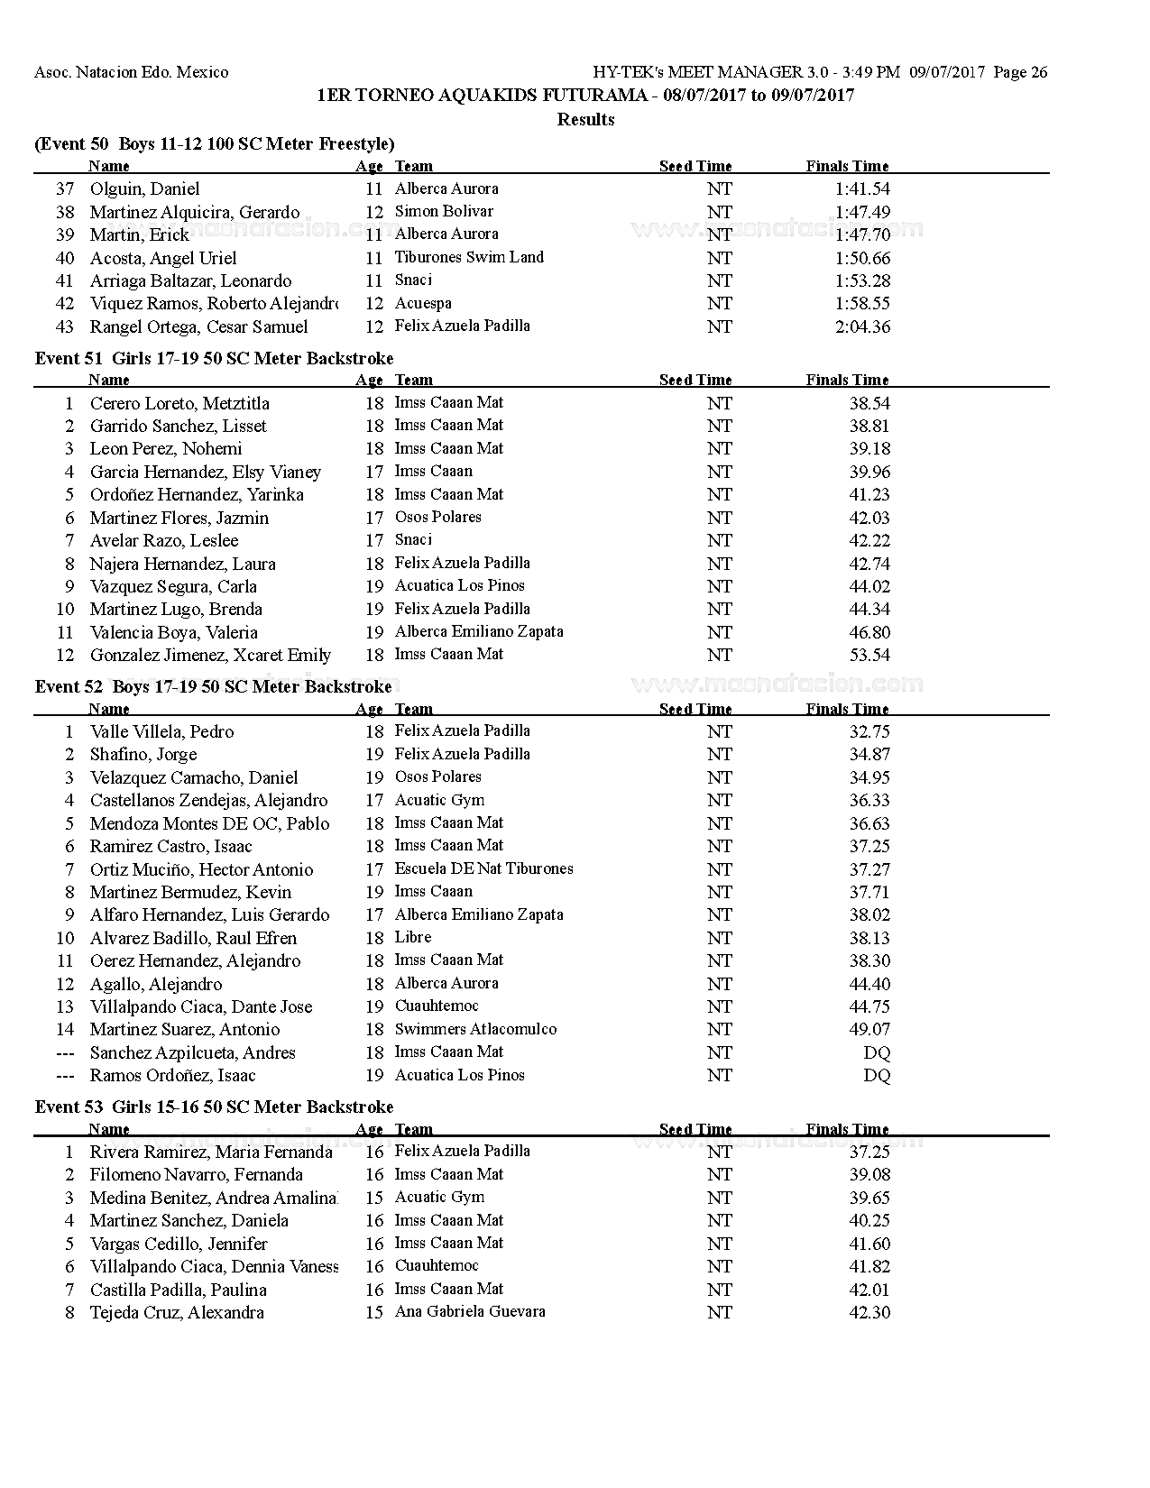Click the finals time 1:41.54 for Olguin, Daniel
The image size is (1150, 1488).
tap(861, 189)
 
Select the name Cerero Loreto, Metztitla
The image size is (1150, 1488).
tap(179, 403)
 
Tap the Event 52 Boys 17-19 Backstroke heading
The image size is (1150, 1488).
tap(214, 687)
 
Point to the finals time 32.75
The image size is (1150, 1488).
tap(869, 732)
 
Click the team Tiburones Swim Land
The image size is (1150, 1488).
tap(469, 258)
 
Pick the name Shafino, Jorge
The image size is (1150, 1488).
tap(143, 755)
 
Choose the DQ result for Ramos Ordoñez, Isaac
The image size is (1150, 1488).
tap(876, 1076)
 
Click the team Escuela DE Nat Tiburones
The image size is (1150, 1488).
tap(483, 869)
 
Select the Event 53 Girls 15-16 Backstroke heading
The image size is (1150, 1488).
tap(215, 1107)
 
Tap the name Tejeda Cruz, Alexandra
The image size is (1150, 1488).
tap(177, 1313)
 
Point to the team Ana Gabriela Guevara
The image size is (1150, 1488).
tap(470, 1312)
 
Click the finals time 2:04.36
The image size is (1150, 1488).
tap(861, 327)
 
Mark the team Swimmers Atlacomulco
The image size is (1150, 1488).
tap(475, 1030)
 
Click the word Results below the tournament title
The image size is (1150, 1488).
tap(585, 119)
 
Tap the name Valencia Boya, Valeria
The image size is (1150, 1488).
tap(174, 633)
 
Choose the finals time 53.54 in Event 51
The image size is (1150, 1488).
tap(869, 656)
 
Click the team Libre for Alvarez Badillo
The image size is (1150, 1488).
tap(413, 938)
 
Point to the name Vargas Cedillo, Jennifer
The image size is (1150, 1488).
tap(179, 1245)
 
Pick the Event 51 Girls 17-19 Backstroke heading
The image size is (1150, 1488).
tap(215, 359)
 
